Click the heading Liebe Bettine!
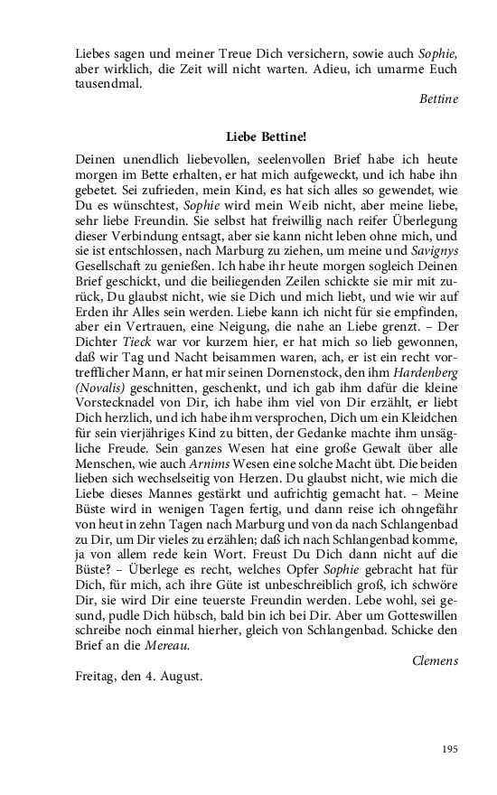pyautogui.click(x=265, y=136)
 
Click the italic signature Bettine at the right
pyautogui.click(x=439, y=98)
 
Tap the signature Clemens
pyautogui.click(x=435, y=660)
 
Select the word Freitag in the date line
pyautogui.click(x=95, y=676)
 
